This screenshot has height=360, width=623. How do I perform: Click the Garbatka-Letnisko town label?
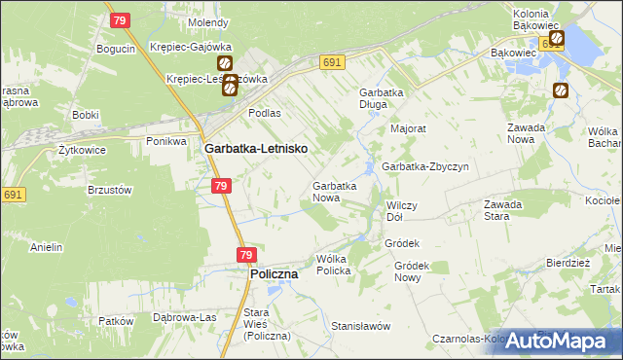point(256,149)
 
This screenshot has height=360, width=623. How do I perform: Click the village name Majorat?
point(409,127)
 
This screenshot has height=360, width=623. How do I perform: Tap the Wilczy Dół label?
point(402,211)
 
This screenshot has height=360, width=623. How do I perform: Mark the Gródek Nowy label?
point(412,271)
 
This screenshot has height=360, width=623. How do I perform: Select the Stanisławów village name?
point(360,326)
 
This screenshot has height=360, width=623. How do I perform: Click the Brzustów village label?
point(109,191)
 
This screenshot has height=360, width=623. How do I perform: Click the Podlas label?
point(264,113)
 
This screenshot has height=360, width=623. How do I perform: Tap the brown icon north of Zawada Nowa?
point(561,91)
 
